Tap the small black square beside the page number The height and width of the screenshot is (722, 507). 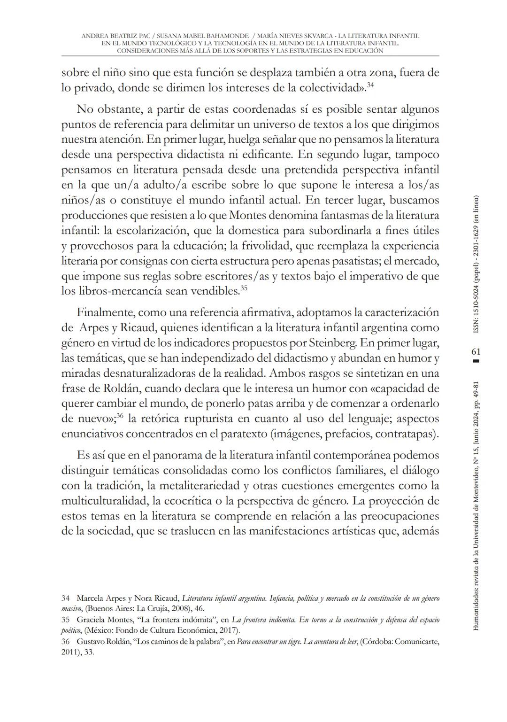point(476,361)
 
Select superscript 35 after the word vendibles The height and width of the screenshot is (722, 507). point(244,288)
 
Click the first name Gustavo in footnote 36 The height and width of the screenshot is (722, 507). point(90,642)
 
